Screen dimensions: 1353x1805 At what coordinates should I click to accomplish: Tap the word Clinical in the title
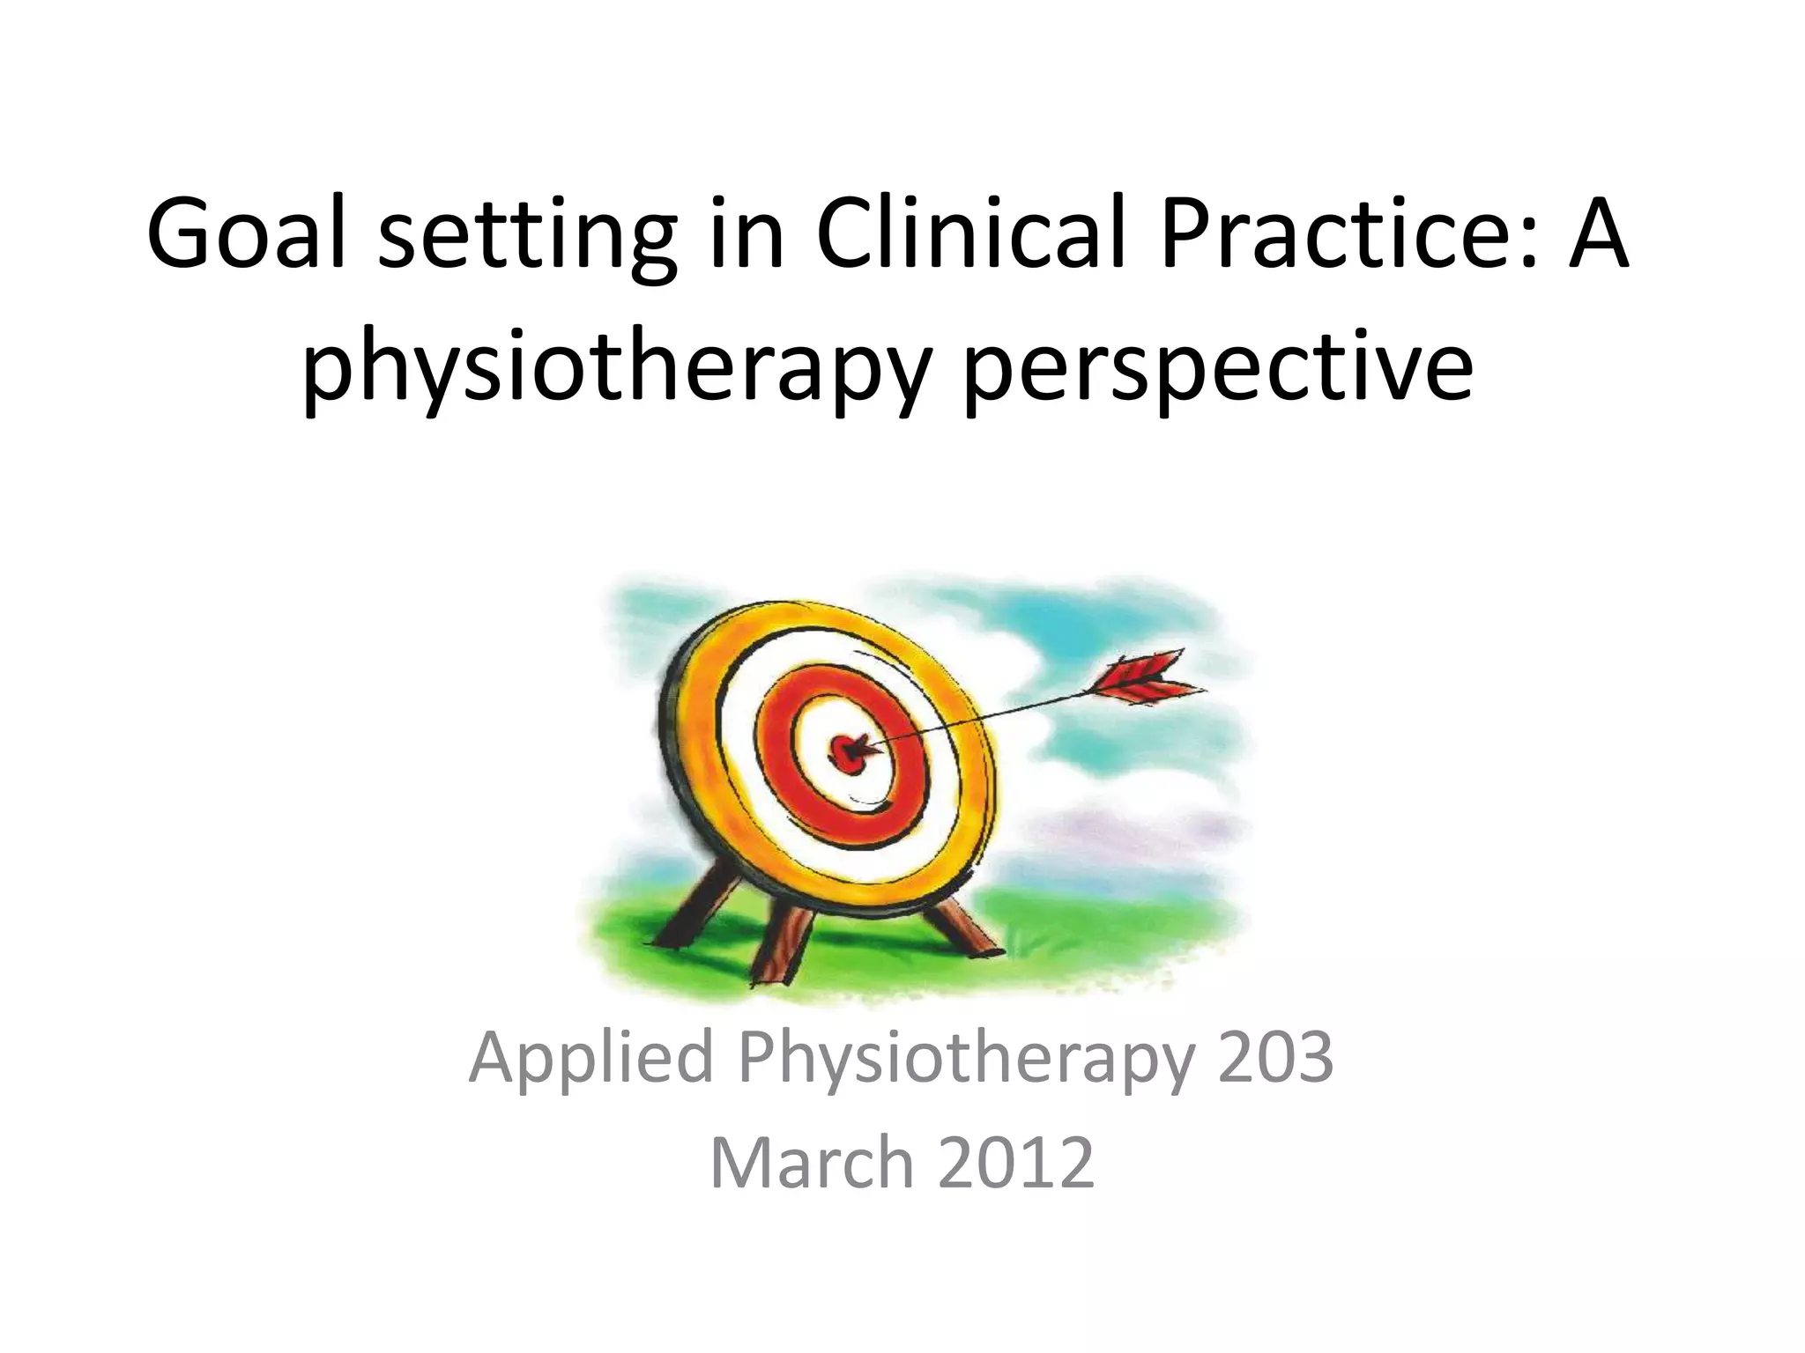[x=969, y=234]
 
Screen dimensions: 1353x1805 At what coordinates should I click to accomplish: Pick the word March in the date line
[x=812, y=1163]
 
